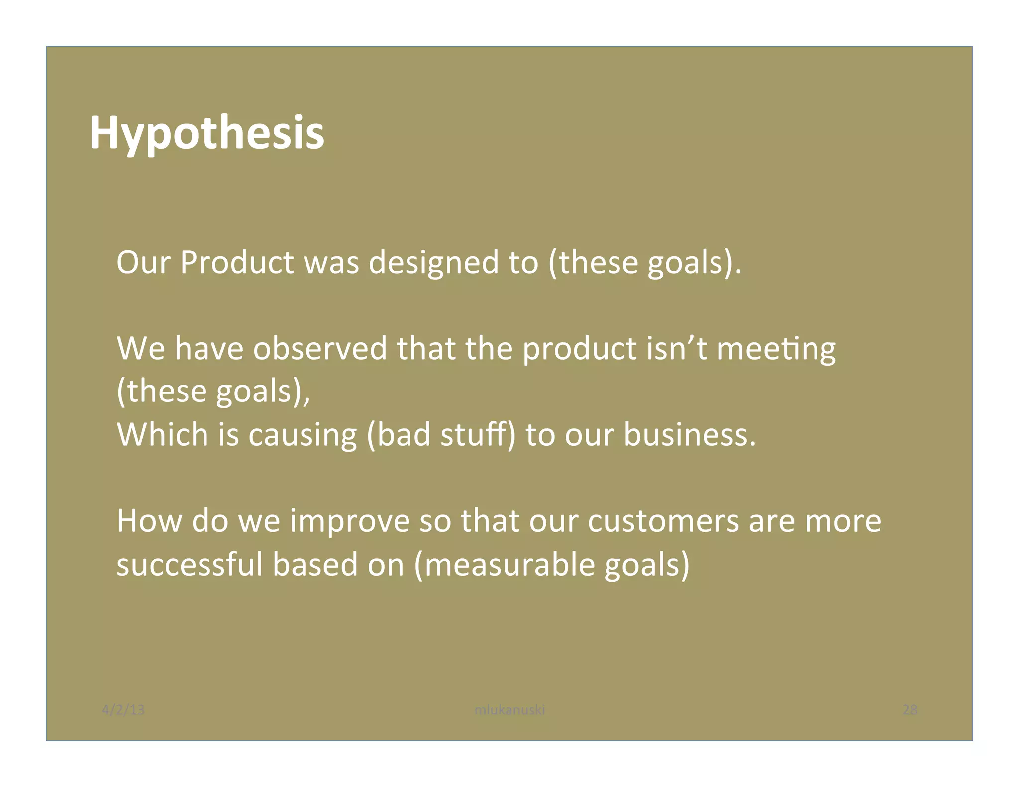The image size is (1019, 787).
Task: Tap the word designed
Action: (x=433, y=262)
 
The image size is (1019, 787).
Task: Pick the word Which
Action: (x=163, y=434)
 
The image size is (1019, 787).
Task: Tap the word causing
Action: (x=303, y=434)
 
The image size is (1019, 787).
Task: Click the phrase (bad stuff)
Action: (x=441, y=434)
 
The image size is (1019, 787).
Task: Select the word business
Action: (x=690, y=434)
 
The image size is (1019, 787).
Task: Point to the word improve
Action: (x=350, y=520)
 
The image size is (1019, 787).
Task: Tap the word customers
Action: (x=663, y=520)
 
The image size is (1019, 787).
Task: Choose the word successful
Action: (x=190, y=564)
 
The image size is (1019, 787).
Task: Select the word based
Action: (x=315, y=564)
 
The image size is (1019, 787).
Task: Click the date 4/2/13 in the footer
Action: (x=123, y=709)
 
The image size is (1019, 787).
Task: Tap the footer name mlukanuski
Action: (x=509, y=709)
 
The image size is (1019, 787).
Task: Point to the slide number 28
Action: (x=910, y=709)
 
